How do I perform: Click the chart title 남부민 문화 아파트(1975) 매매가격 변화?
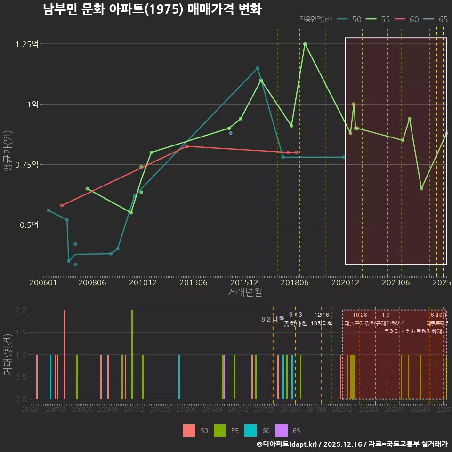point(152,9)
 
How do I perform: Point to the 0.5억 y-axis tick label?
point(30,225)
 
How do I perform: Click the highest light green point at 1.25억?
point(305,44)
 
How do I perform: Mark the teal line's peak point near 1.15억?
point(258,68)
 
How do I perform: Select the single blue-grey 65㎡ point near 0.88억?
point(230,133)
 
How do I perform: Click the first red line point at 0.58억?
point(62,205)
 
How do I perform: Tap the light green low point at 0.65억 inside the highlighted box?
point(421,188)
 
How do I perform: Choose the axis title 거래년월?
point(244,292)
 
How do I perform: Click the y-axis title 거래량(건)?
point(8,355)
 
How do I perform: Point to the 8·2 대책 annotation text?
point(273,319)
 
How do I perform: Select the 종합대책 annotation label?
point(296,324)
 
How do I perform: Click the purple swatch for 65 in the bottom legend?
point(281,430)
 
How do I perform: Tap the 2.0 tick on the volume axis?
point(21,310)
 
